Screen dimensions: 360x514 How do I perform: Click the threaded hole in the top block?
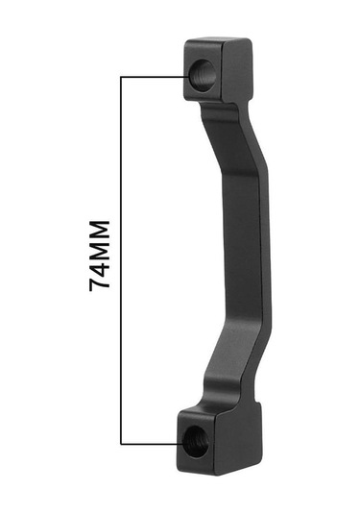203,75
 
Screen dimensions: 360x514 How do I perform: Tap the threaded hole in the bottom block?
196,442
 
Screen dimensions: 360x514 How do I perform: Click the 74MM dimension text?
99,256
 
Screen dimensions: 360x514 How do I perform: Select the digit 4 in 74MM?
99,268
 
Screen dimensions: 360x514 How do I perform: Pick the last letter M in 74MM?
99,230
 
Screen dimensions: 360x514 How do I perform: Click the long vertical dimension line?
121,260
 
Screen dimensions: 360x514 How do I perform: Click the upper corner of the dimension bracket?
121,77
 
